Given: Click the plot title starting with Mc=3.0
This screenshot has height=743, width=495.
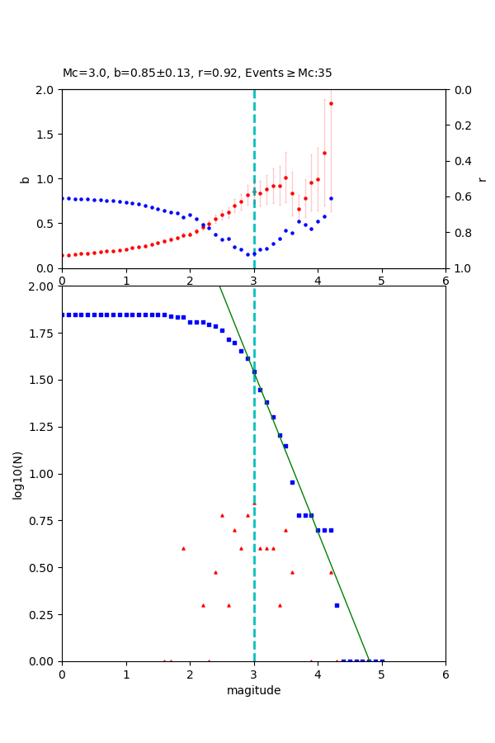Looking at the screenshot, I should point(197,73).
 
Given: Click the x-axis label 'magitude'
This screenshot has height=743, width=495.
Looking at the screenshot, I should point(253,690).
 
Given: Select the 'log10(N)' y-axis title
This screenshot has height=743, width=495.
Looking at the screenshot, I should point(18,474).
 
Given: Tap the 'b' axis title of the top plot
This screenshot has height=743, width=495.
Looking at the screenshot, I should point(25,178).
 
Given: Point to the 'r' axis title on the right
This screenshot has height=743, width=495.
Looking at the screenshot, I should point(482,178).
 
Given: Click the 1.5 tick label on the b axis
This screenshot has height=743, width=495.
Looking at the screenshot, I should point(46,135).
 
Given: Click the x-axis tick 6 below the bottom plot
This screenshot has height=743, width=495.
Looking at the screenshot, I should point(445,674).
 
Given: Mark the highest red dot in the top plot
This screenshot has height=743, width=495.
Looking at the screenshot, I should point(331,103).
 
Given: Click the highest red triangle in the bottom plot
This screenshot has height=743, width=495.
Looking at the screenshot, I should point(254,503).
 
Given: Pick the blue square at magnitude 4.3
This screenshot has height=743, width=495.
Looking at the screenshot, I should point(337,605).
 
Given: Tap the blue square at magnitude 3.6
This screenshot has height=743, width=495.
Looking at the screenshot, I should point(292,482).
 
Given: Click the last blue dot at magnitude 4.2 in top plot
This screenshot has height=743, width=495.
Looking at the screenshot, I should point(331,198).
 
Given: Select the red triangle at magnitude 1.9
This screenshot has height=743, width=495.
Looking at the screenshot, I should point(183,548).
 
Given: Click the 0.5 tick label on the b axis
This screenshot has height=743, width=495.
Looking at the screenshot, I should point(46,224).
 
